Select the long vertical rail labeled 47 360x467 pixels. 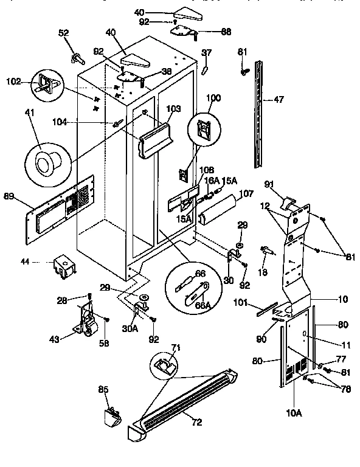click(x=261, y=114)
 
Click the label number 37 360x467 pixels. click(x=207, y=53)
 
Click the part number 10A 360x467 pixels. click(x=294, y=413)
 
